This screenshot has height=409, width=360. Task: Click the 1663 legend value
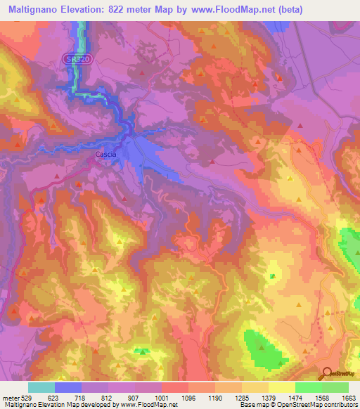pyautogui.click(x=348, y=397)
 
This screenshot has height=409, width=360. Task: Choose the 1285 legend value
pyautogui.click(x=241, y=397)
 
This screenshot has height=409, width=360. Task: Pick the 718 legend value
pyautogui.click(x=81, y=397)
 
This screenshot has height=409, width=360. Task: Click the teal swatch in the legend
pyautogui.click(x=41, y=387)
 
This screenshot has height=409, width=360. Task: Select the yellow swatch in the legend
pyautogui.click(x=281, y=387)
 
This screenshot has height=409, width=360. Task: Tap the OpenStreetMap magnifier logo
pyautogui.click(x=325, y=372)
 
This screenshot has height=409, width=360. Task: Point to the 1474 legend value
pyautogui.click(x=295, y=397)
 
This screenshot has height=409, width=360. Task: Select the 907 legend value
pyautogui.click(x=134, y=397)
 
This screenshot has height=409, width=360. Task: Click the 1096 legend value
pyautogui.click(x=188, y=397)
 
